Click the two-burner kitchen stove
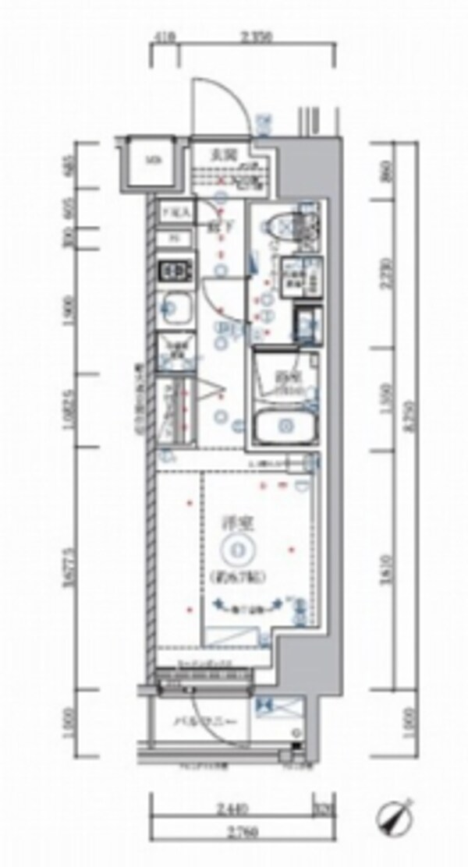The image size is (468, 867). pos(176,271)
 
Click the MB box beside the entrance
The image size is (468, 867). pos(154,161)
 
